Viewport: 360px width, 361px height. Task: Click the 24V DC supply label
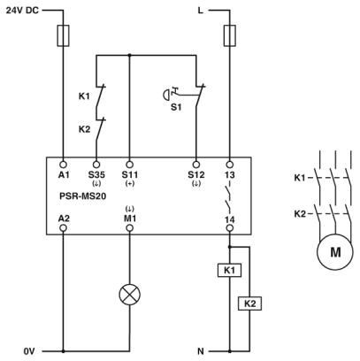pos(20,12)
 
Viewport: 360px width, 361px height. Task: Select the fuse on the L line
pos(229,35)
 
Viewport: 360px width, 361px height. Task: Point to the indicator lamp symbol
pos(130,295)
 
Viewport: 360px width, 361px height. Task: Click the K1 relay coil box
pos(229,269)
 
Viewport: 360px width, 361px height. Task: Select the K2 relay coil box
pos(250,303)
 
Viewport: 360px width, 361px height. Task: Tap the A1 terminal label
pos(64,174)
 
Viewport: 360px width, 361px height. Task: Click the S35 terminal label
pos(96,174)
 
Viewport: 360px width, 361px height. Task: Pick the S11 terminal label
pos(130,174)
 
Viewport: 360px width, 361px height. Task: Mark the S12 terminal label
pos(196,174)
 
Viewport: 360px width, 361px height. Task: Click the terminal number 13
pos(230,174)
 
